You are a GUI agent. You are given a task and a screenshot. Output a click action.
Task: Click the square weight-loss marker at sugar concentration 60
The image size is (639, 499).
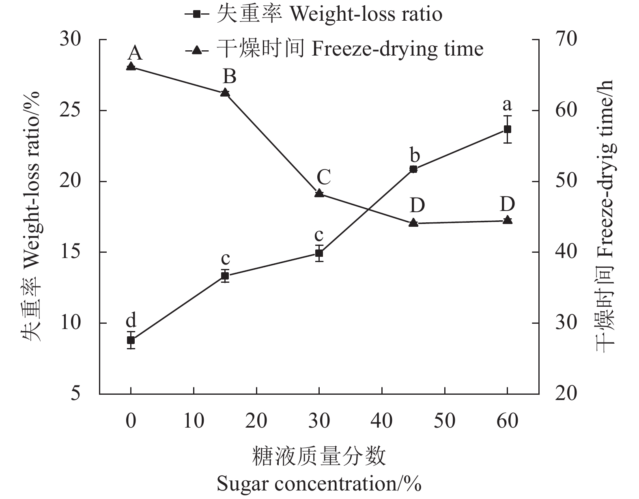click(x=507, y=129)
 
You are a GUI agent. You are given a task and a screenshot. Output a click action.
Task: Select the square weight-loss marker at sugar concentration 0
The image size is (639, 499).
click(x=131, y=340)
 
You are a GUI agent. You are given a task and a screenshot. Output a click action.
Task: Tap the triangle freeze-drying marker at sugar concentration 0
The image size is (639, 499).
click(x=131, y=66)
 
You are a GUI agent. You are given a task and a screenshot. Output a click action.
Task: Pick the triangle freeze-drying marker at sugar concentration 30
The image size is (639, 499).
click(x=319, y=193)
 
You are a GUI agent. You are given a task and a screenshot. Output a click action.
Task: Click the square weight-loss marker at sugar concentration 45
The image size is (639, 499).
click(x=413, y=169)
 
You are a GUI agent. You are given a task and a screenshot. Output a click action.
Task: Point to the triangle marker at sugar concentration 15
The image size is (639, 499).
click(x=225, y=93)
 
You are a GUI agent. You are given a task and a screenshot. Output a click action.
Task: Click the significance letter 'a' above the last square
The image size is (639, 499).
click(x=507, y=105)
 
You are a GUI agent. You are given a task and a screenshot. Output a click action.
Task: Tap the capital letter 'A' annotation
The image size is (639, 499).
click(x=135, y=53)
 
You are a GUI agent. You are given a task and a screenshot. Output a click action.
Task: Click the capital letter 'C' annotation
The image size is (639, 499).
click(x=323, y=177)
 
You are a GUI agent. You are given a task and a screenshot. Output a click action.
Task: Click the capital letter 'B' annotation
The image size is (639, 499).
click(x=230, y=76)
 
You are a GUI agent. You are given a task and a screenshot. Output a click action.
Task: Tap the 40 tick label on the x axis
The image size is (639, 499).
click(x=382, y=421)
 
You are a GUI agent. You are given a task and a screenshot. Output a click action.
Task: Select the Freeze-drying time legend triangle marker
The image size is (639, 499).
click(x=197, y=50)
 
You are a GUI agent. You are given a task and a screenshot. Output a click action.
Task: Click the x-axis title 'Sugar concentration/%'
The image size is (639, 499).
click(x=319, y=484)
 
